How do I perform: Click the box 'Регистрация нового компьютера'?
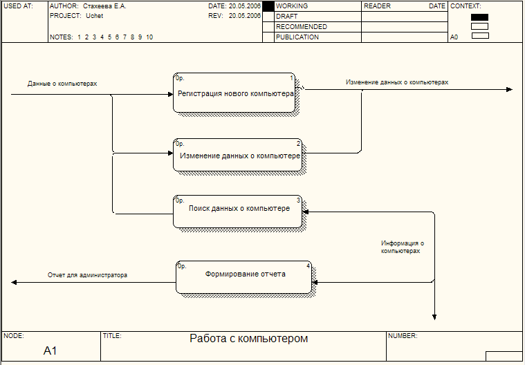(234, 93)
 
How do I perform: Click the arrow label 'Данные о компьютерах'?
(62, 84)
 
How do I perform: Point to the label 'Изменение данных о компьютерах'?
(397, 82)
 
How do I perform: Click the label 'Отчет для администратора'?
(87, 275)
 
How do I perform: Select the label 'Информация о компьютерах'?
(402, 247)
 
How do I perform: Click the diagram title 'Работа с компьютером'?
(248, 339)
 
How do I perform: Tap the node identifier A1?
(50, 351)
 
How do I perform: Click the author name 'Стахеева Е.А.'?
(104, 6)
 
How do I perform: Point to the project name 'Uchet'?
(94, 15)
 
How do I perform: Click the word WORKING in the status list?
(292, 6)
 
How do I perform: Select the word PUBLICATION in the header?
(297, 37)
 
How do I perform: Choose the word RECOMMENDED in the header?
(301, 26)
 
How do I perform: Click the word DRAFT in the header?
(287, 16)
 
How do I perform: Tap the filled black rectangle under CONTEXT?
(479, 17)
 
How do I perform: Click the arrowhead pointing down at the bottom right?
(434, 317)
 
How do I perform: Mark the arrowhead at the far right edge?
(510, 90)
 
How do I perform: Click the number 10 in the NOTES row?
(149, 37)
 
